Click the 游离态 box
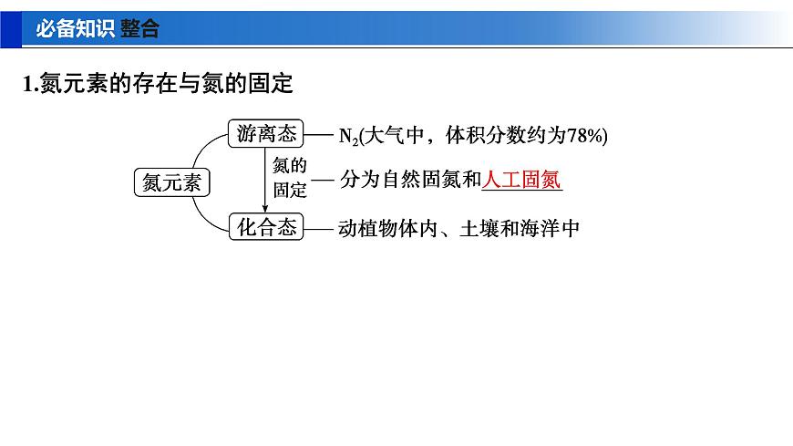tap(266, 135)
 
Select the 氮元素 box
tap(170, 182)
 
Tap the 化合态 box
tap(266, 229)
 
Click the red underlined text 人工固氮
tap(521, 181)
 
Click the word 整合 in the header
tap(139, 28)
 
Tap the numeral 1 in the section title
tap(27, 85)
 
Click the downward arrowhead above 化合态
tap(264, 209)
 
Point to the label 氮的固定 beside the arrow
tap(290, 179)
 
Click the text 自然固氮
tap(421, 181)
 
